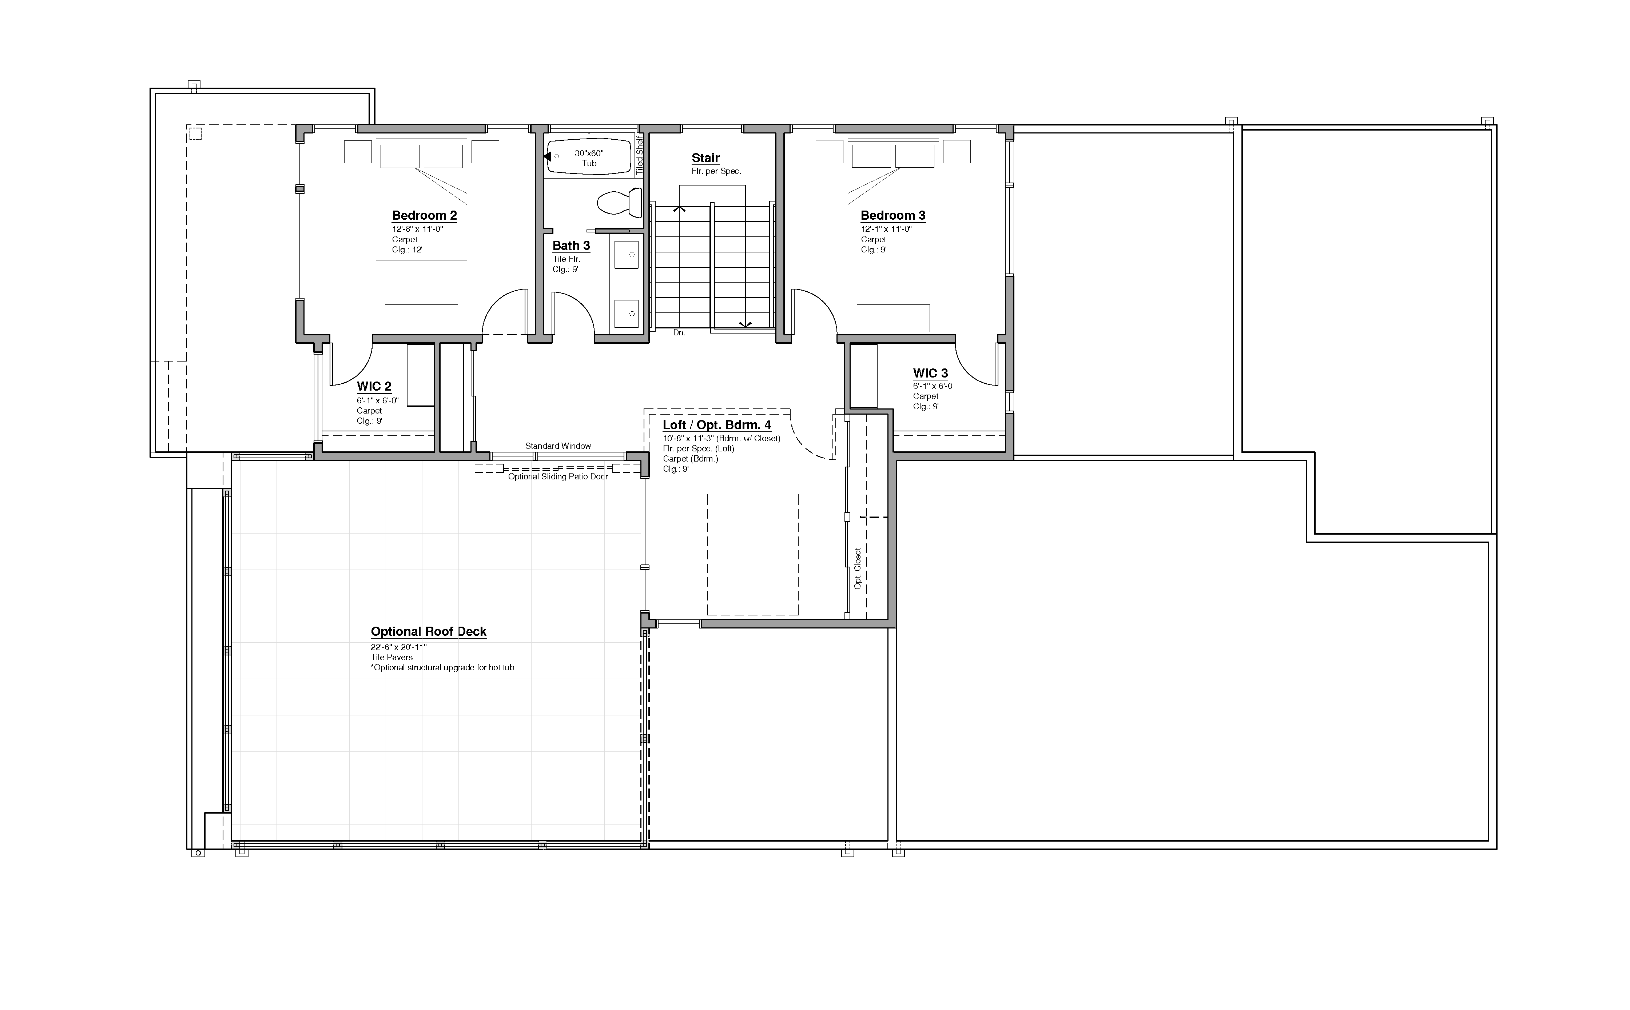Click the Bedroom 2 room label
[x=424, y=215]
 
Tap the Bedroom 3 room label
[x=892, y=215]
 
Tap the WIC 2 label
[x=374, y=386]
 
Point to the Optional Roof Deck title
[x=428, y=631]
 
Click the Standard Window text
[x=558, y=446]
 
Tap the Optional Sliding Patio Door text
[x=558, y=477]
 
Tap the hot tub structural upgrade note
[x=442, y=667]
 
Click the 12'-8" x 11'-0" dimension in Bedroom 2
[x=418, y=228]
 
